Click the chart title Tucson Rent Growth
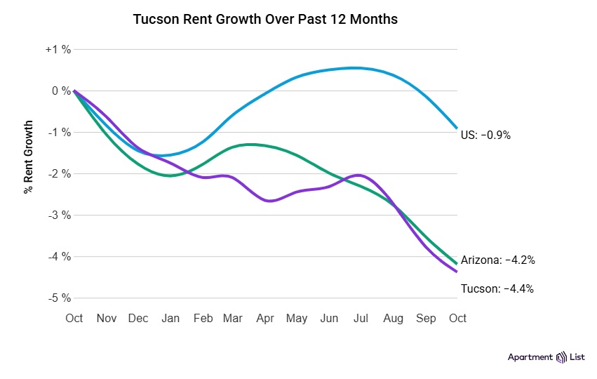pyautogui.click(x=265, y=20)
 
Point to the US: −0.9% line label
pyautogui.click(x=486, y=135)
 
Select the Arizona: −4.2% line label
pyautogui.click(x=498, y=260)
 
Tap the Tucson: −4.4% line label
pyautogui.click(x=497, y=288)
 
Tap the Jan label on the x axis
pyautogui.click(x=170, y=318)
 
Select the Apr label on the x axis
pyautogui.click(x=265, y=318)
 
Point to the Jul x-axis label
pyautogui.click(x=361, y=318)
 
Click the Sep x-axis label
pyautogui.click(x=426, y=318)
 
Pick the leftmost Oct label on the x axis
pyautogui.click(x=74, y=318)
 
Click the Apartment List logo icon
pyautogui.click(x=561, y=357)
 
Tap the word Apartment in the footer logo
pyautogui.click(x=530, y=357)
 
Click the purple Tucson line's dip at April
pyautogui.click(x=269, y=201)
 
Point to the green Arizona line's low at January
pyautogui.click(x=170, y=175)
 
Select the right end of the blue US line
pyautogui.click(x=457, y=128)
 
